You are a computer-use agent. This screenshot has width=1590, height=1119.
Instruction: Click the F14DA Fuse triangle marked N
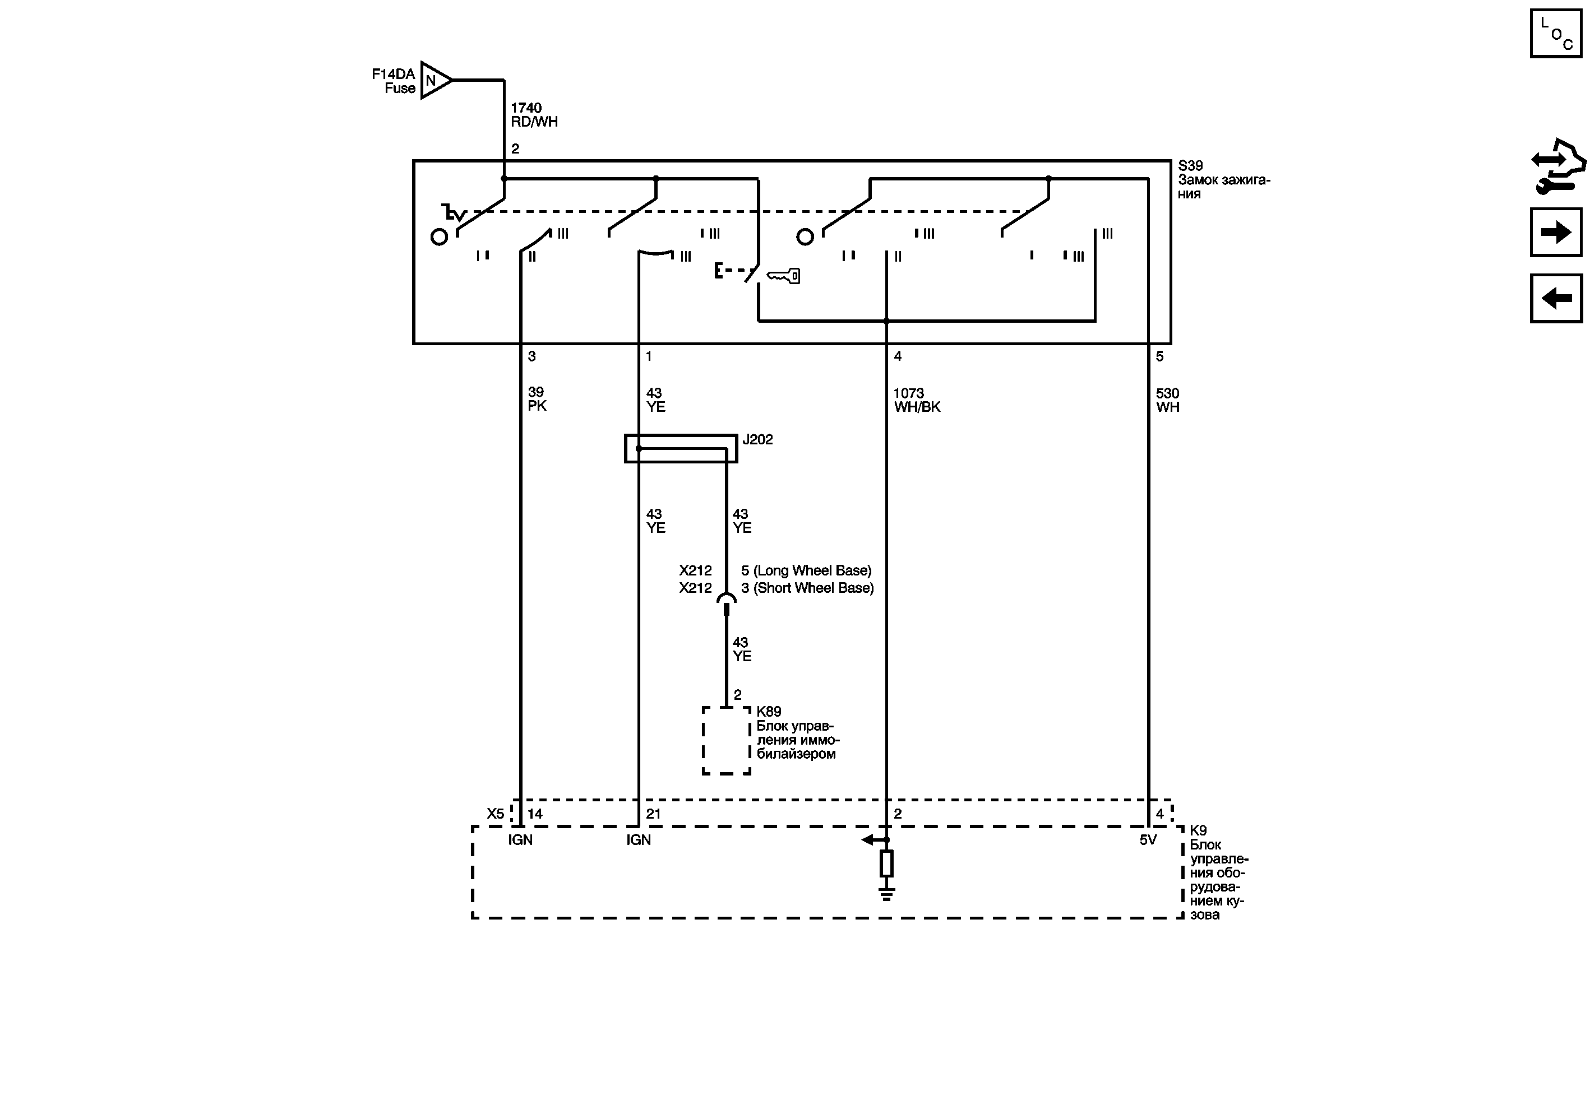point(434,80)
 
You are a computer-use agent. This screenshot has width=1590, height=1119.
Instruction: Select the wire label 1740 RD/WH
point(533,115)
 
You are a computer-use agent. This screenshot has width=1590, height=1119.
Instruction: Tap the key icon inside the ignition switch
point(784,276)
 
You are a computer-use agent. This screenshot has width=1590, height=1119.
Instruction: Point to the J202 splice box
point(681,448)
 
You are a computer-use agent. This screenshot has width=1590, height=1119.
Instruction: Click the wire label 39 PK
point(537,400)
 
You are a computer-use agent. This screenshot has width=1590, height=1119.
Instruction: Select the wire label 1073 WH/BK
point(916,400)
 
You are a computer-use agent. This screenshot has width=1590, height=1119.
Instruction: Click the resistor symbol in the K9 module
point(886,863)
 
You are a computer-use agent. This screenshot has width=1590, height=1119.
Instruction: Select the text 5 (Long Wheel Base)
point(806,570)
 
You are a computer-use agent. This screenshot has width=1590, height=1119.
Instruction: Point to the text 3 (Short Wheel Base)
point(807,588)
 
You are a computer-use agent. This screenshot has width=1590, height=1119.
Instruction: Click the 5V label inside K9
point(1148,839)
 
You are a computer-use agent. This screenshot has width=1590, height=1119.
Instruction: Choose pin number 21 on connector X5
point(653,814)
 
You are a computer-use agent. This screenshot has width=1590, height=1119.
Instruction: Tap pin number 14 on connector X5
point(535,814)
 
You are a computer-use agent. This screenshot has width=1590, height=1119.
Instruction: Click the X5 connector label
point(494,814)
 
